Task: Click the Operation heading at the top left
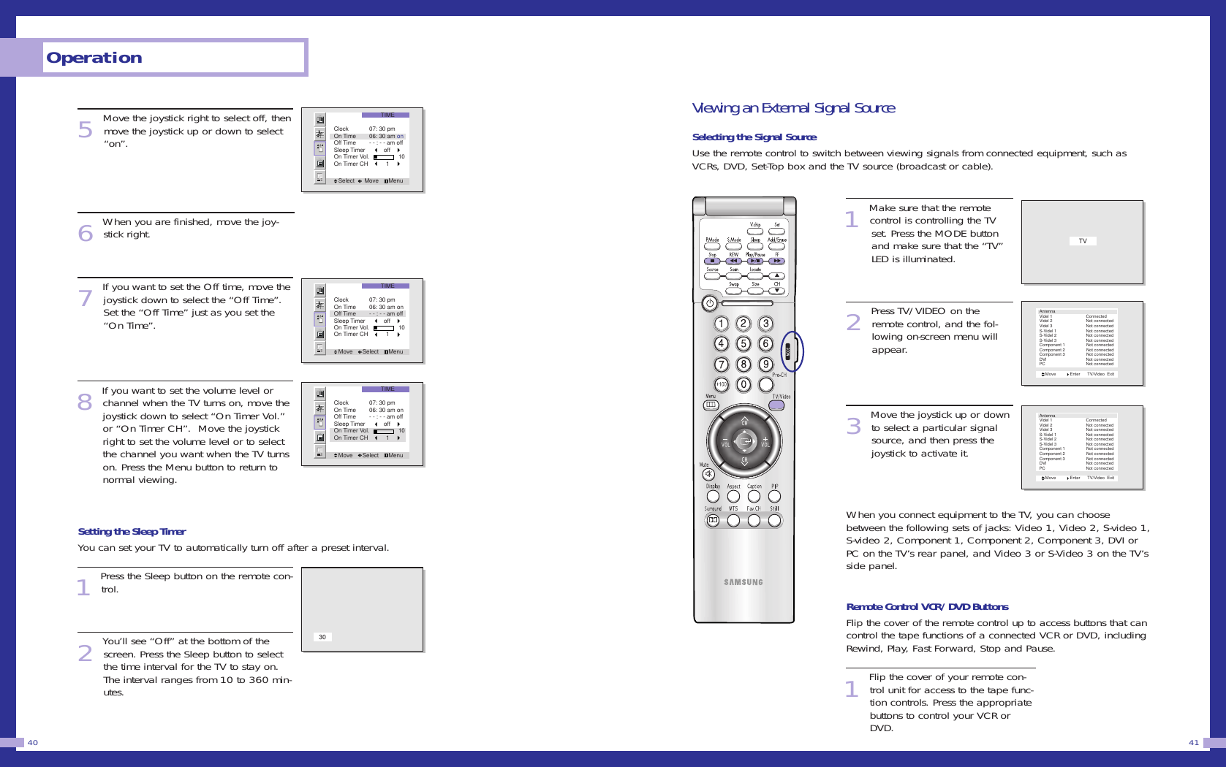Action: click(x=94, y=58)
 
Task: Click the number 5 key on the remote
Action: click(x=743, y=344)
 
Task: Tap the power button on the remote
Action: click(x=709, y=303)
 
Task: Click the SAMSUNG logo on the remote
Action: click(x=743, y=582)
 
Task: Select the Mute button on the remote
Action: click(x=708, y=475)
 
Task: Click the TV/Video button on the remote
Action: click(x=776, y=405)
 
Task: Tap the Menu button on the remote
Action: click(x=711, y=405)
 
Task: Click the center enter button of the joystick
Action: click(x=744, y=442)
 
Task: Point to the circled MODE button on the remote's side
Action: click(x=788, y=352)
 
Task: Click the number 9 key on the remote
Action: click(x=765, y=365)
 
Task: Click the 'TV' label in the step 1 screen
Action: click(x=1083, y=241)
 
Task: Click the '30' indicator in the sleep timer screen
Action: click(x=322, y=637)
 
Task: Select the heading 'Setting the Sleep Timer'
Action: click(x=132, y=532)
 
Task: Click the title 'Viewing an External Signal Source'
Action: click(x=792, y=108)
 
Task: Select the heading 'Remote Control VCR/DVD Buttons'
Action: click(x=927, y=607)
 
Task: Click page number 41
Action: click(x=1194, y=743)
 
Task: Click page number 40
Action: click(x=33, y=743)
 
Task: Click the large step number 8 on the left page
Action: click(x=85, y=402)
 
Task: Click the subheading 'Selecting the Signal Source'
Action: click(x=754, y=137)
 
